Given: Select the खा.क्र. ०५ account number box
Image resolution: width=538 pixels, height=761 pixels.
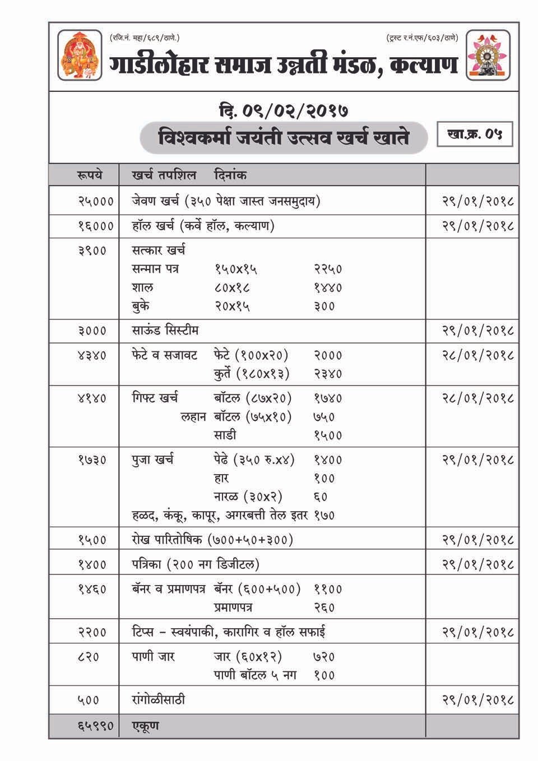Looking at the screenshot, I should coord(475,135).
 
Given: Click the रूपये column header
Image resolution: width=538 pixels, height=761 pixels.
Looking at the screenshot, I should coord(90,175).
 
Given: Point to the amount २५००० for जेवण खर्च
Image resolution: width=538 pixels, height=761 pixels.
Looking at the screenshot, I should coord(96,201).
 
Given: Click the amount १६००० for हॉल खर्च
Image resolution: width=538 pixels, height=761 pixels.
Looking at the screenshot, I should coord(96,226).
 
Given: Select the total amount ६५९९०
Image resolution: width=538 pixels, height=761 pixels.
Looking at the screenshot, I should coord(95,726).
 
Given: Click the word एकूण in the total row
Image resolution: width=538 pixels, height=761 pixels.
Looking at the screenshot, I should coord(146,726).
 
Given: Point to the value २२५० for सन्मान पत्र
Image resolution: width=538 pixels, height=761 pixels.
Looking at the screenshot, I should coord(328,269).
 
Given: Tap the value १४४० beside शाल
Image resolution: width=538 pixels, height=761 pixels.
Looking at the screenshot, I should coord(328,288).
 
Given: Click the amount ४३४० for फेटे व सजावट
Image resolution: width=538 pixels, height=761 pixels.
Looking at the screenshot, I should coord(92,355).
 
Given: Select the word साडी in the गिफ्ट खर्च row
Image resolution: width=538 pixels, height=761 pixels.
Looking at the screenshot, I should coord(225,435).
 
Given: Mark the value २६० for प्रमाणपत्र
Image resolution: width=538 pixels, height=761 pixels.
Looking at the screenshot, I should coord(324,607).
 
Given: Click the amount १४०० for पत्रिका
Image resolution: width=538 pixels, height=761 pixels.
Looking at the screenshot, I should coord(92,564).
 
